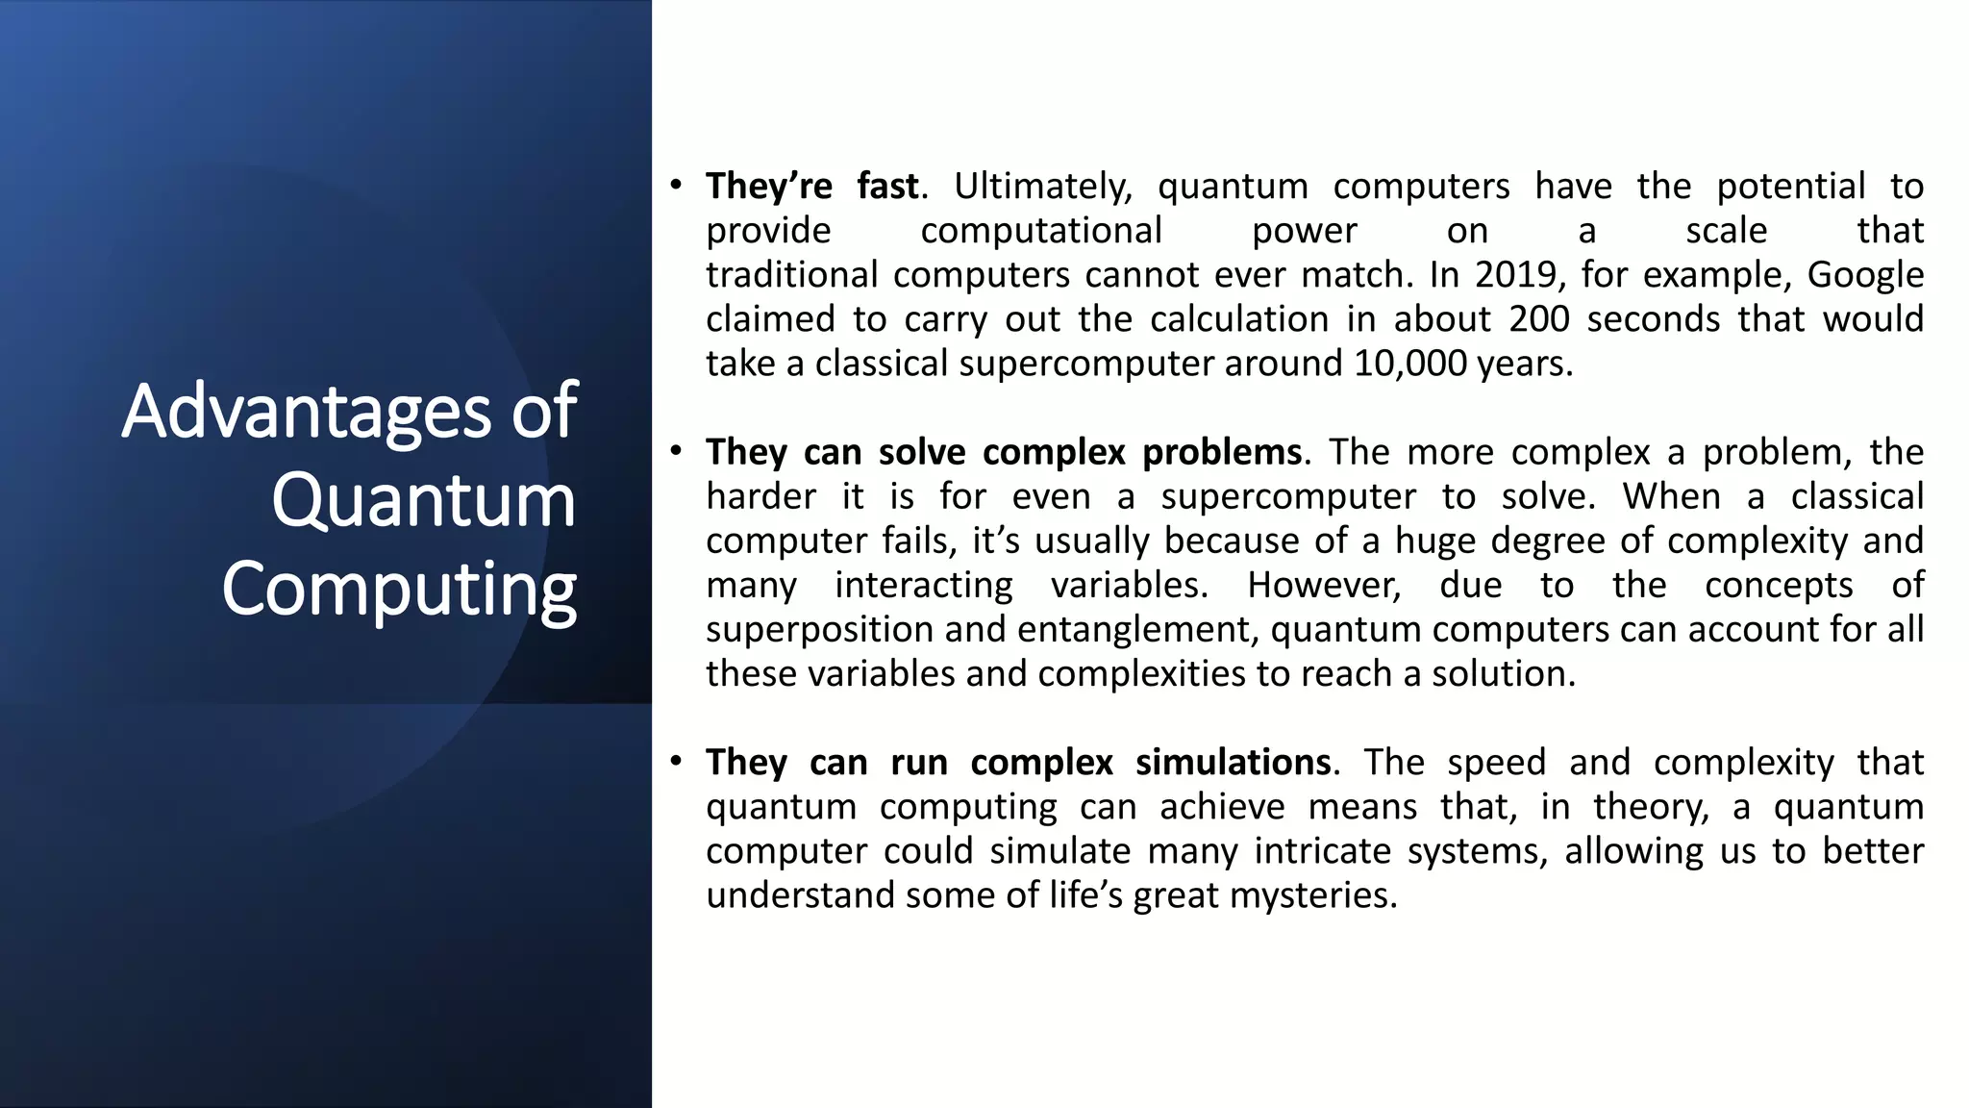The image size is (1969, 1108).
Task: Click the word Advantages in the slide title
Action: [308, 411]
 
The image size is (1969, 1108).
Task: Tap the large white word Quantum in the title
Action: [423, 500]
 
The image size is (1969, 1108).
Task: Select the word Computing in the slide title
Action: [399, 589]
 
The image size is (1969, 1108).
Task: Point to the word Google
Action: [1865, 275]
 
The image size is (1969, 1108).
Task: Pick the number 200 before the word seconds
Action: [1538, 319]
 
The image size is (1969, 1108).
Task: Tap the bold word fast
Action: [887, 187]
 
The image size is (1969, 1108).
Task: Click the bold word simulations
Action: [1234, 762]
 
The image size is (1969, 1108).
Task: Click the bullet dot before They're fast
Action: [677, 184]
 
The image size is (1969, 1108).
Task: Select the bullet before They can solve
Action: [677, 450]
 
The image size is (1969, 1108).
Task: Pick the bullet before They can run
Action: [677, 761]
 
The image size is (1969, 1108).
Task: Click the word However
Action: [1324, 585]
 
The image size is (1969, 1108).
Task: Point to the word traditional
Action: [791, 275]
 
